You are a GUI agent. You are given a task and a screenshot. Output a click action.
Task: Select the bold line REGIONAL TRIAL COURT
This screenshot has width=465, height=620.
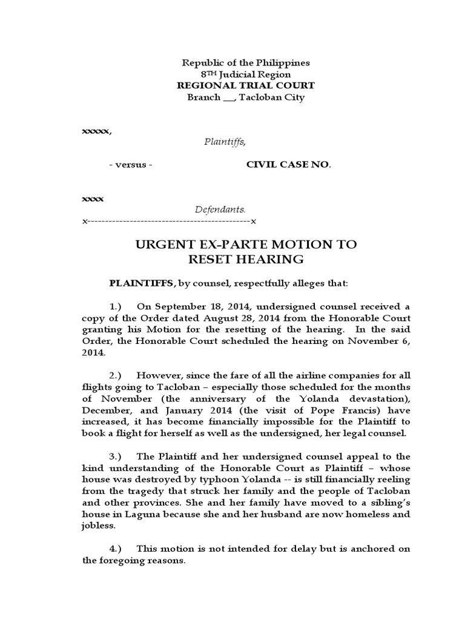pyautogui.click(x=245, y=85)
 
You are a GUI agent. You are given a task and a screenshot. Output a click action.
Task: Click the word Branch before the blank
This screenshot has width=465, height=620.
pyautogui.click(x=203, y=97)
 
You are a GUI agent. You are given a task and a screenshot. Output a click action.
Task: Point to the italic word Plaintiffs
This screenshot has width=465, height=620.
pyautogui.click(x=224, y=142)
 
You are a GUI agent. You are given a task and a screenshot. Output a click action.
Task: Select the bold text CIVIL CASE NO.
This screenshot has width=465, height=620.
pyautogui.click(x=288, y=165)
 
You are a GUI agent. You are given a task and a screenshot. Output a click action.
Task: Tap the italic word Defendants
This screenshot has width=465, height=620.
pyautogui.click(x=220, y=209)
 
